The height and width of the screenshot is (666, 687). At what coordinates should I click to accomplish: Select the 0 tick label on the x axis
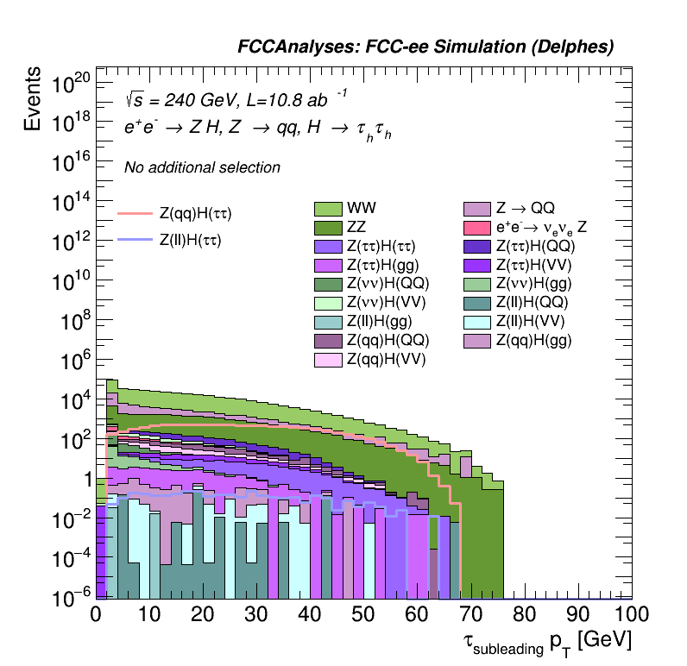point(96,615)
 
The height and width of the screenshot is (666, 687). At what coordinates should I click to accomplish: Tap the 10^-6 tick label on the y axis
point(71,595)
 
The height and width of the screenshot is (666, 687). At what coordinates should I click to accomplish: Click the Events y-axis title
point(33,100)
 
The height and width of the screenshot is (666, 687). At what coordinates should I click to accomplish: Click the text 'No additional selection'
point(202,167)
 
